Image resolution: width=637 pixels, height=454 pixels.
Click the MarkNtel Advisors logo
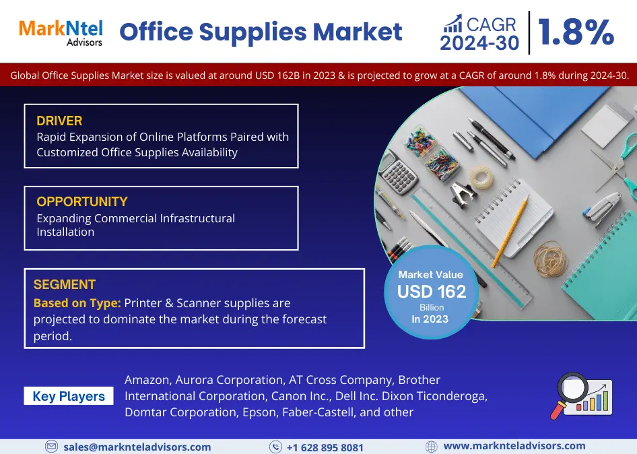pyautogui.click(x=61, y=33)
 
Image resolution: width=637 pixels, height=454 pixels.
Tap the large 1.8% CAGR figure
pyautogui.click(x=576, y=32)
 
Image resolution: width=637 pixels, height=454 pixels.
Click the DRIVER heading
pyautogui.click(x=59, y=121)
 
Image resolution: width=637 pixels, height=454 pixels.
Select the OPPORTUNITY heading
pyautogui.click(x=82, y=201)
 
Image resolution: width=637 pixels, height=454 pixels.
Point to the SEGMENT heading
pyautogui.click(x=64, y=284)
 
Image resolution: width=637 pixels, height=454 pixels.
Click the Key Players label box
pyautogui.click(x=69, y=396)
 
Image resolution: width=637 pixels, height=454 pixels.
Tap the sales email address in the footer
pyautogui.click(x=137, y=447)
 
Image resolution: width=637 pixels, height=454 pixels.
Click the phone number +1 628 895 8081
pyautogui.click(x=325, y=447)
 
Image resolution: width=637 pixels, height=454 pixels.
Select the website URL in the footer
pyautogui.click(x=514, y=447)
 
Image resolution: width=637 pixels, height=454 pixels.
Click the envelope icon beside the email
pyautogui.click(x=51, y=447)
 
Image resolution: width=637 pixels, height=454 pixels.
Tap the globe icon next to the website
pyautogui.click(x=432, y=447)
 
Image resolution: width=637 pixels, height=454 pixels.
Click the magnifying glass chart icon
pyautogui.click(x=581, y=396)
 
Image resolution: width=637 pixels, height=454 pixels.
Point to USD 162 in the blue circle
pyautogui.click(x=432, y=292)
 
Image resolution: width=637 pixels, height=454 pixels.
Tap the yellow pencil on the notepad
pyautogui.click(x=510, y=231)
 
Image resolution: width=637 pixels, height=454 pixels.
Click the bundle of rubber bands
pyautogui.click(x=550, y=260)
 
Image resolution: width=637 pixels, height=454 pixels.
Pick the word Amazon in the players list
pyautogui.click(x=147, y=380)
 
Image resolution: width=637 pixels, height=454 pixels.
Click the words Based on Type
pyautogui.click(x=77, y=303)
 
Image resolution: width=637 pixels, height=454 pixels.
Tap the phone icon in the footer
pyautogui.click(x=275, y=447)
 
